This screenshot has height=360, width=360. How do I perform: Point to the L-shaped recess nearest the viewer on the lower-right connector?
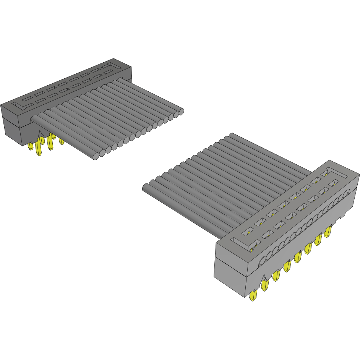242,242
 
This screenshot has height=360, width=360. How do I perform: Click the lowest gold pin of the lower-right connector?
253,296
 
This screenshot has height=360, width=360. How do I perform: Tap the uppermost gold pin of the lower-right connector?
328,232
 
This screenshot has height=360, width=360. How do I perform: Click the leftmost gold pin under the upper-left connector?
31,146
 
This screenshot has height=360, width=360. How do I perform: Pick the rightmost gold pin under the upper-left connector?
62,141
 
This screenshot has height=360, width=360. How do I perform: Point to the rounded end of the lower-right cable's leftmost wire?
146,187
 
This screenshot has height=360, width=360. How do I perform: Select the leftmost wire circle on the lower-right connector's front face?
263,261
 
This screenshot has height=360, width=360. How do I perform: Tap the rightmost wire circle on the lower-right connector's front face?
346,194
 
